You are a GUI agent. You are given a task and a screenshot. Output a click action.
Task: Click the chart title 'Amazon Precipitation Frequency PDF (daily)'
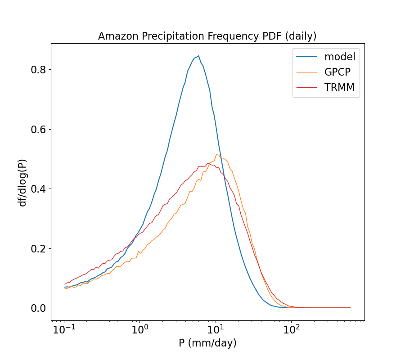[x=207, y=36]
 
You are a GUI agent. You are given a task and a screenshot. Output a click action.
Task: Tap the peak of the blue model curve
[x=198, y=56]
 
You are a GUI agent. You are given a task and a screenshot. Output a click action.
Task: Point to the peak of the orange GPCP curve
[x=217, y=155]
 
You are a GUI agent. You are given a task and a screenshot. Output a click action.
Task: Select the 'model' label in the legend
[x=340, y=57]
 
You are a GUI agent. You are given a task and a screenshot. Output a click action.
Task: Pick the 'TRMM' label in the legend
[x=339, y=88]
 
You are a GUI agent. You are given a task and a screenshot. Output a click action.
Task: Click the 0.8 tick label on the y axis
[x=38, y=70]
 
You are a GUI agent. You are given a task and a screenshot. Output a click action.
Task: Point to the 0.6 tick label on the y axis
[x=38, y=129]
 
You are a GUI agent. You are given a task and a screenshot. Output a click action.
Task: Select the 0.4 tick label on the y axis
[x=38, y=189]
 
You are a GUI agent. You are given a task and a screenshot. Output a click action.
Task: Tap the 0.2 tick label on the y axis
[x=38, y=248]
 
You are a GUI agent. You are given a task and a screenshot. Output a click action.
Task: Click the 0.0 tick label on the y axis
[x=38, y=308]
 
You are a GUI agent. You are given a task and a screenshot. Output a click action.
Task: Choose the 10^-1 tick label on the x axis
[x=64, y=330]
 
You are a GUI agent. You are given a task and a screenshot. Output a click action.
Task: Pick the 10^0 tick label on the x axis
[x=140, y=330]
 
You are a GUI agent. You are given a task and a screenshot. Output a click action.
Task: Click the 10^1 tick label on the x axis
[x=216, y=330]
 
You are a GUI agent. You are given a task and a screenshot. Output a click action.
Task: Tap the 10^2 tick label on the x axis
[x=291, y=330]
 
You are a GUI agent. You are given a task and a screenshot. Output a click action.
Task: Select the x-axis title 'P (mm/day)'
[x=207, y=343]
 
